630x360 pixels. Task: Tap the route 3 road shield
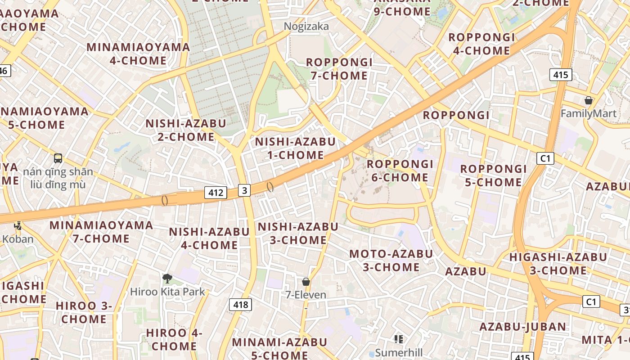pos(244,190)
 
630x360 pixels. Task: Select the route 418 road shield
pos(241,305)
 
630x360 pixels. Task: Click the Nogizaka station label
pos(306,27)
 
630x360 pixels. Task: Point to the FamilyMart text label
pos(588,113)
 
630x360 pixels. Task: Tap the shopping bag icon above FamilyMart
pos(588,100)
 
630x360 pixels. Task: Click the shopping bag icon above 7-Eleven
pos(306,282)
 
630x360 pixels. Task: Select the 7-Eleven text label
pos(306,295)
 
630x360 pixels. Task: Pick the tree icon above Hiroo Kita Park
pos(167,279)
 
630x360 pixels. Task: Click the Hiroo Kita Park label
pos(167,292)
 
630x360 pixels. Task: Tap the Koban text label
pos(18,238)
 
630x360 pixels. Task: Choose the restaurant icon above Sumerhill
pos(398,339)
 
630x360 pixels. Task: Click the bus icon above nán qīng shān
pos(58,158)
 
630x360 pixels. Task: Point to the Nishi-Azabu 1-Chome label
pos(295,148)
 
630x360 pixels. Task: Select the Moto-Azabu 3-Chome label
pos(391,260)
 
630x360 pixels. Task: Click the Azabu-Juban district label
pos(522,326)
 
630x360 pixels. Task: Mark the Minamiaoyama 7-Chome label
pos(101,231)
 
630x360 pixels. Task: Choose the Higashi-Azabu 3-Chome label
pos(558,264)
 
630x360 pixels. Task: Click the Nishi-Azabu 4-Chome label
pos(209,238)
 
